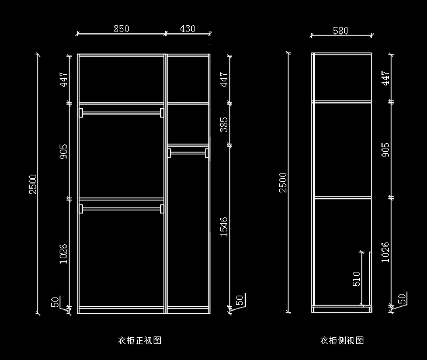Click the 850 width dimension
point(121,29)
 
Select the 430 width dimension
point(188,29)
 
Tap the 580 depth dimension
point(341,31)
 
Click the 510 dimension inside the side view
point(357,279)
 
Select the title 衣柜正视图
point(140,340)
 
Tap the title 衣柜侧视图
point(342,340)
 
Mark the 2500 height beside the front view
point(33,184)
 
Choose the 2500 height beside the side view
point(283,182)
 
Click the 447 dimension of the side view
point(386,78)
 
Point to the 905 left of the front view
point(63,152)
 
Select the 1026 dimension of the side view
point(386,253)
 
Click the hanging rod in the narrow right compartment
point(188,153)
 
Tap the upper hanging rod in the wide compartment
point(121,113)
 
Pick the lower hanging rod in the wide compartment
point(121,209)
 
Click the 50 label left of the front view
point(56,302)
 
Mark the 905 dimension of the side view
point(386,150)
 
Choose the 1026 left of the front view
point(63,254)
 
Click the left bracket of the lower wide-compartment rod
point(81,209)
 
